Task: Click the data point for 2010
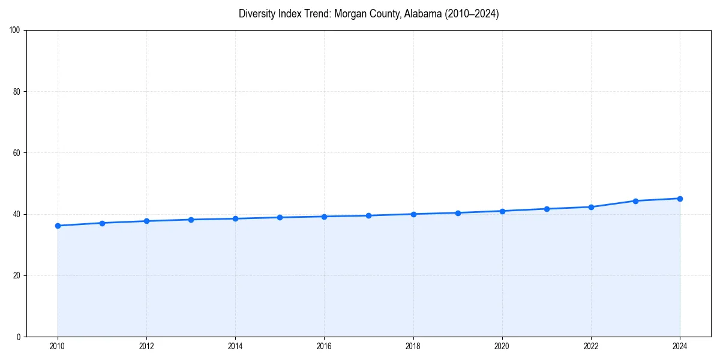click(58, 226)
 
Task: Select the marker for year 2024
click(680, 199)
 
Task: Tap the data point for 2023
click(635, 201)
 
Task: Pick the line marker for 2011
click(102, 223)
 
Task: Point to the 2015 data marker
click(280, 217)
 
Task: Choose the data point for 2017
click(368, 215)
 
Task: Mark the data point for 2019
click(458, 213)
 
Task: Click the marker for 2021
click(547, 209)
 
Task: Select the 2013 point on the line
click(191, 220)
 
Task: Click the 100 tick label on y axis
click(16, 30)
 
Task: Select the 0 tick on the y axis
click(19, 337)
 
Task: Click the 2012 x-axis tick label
click(146, 346)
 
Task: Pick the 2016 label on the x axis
click(324, 346)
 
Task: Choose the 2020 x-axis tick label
click(502, 346)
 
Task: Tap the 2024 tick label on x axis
click(680, 346)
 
